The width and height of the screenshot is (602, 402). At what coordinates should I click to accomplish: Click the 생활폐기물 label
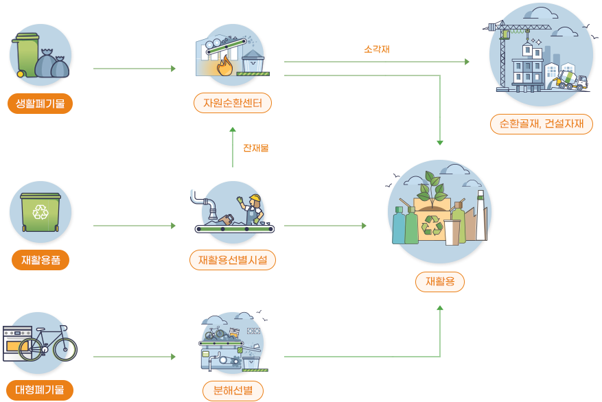click(40, 104)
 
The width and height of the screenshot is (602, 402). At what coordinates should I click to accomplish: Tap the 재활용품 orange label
click(40, 261)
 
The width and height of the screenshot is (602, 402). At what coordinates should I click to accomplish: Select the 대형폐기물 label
click(40, 390)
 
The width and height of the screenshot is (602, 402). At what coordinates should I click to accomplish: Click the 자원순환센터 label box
click(233, 104)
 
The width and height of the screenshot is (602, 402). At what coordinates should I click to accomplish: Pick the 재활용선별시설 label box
click(233, 260)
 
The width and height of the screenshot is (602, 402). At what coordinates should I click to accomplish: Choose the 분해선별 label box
click(233, 391)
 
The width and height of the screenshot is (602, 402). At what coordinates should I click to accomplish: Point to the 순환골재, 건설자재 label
click(542, 124)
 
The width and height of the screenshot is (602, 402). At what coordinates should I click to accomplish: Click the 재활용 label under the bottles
click(439, 281)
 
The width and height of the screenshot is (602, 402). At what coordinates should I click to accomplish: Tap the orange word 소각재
click(377, 49)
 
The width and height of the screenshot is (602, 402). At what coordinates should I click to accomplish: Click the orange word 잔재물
click(255, 147)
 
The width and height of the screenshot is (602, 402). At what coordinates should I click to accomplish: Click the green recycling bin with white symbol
click(41, 211)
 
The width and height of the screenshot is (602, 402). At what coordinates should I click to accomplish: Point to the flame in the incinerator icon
click(224, 67)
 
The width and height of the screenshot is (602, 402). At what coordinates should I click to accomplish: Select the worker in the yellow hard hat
click(254, 208)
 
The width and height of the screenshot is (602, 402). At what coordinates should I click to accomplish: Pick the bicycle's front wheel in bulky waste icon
click(65, 349)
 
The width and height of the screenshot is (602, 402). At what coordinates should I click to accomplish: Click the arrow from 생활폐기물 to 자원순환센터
click(135, 69)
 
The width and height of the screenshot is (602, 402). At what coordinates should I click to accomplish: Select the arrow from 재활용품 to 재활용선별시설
click(135, 225)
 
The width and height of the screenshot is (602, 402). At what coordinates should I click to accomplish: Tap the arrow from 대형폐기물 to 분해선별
click(135, 357)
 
